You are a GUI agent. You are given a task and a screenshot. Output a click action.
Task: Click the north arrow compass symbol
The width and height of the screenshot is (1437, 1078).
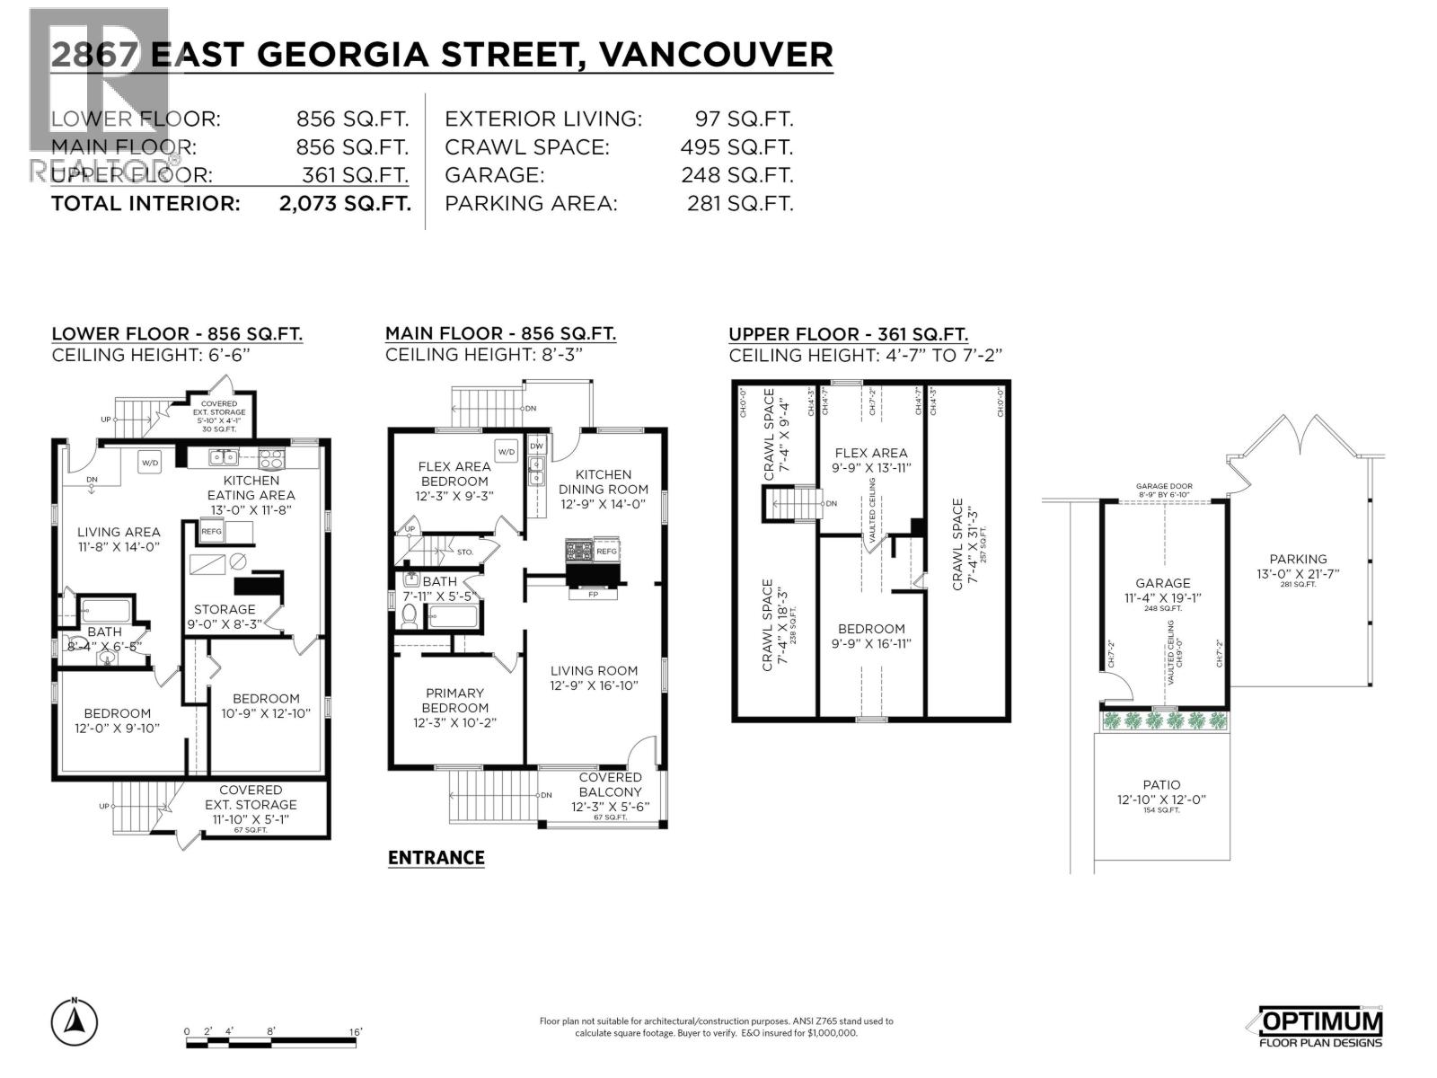[x=75, y=1021]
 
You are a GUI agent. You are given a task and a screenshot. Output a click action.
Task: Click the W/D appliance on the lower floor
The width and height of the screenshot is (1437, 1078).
[x=149, y=463]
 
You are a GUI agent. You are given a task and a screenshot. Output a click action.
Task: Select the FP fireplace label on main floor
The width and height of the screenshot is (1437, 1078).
[x=593, y=595]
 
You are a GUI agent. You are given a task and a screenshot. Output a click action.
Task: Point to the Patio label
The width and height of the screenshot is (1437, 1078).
[x=1161, y=784]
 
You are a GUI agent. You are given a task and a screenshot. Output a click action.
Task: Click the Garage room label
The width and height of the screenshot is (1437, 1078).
[x=1162, y=583]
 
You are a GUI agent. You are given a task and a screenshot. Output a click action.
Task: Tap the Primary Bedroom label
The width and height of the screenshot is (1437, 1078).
[x=454, y=700]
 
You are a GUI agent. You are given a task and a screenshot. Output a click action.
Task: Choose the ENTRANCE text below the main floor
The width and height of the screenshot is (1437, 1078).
[x=436, y=858]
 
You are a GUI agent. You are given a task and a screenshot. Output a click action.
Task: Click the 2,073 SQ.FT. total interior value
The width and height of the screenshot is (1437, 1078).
[x=345, y=203]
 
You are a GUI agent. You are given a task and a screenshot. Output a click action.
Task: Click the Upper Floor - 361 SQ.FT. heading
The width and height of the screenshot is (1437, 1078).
[x=848, y=334]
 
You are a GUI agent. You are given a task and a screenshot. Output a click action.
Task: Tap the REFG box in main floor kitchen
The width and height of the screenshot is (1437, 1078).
[x=607, y=551]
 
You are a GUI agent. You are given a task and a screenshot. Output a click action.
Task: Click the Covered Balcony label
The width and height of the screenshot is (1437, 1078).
[x=610, y=785]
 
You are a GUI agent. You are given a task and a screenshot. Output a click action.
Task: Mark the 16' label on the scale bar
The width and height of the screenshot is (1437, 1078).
[x=356, y=1032]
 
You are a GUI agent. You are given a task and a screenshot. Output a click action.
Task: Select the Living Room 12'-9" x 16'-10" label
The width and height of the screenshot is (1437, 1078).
[x=594, y=678]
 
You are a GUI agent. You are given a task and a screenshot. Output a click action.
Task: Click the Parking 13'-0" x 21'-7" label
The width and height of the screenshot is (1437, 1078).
[x=1298, y=566]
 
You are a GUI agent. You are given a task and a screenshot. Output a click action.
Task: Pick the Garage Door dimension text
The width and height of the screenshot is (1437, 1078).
[x=1163, y=490]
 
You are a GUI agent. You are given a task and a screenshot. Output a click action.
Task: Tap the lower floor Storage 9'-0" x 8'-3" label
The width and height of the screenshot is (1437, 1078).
[x=225, y=616]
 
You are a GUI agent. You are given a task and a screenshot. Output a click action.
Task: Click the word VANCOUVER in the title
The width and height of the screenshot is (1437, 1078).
[x=715, y=54]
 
